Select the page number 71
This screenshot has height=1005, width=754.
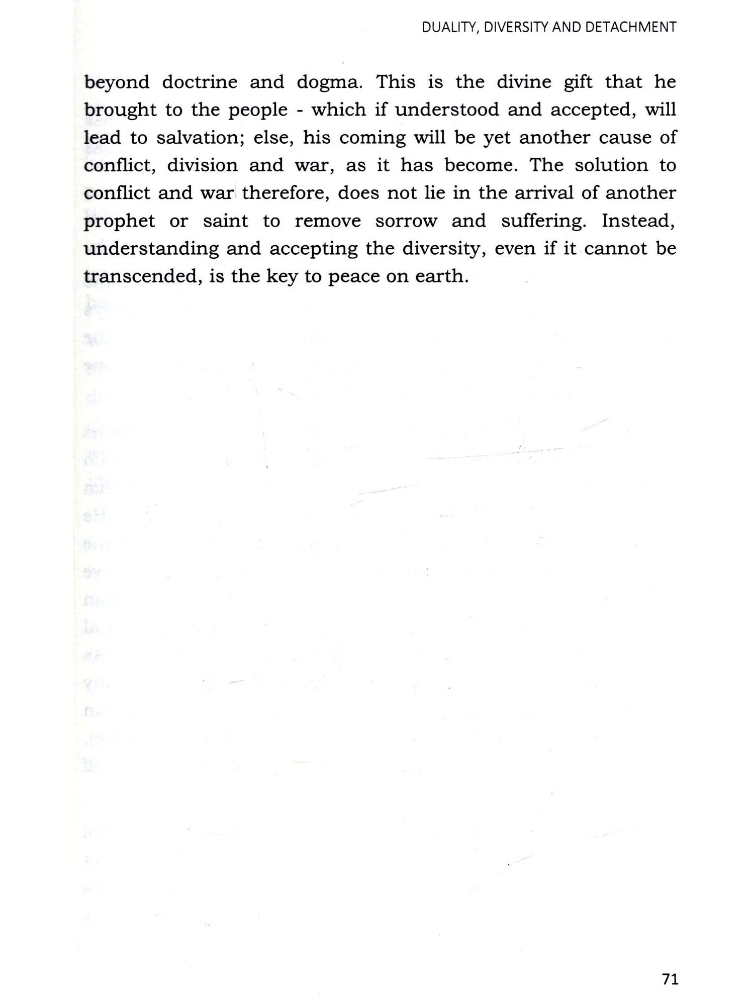(671, 979)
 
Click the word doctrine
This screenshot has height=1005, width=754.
(200, 82)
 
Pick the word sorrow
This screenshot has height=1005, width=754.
(406, 221)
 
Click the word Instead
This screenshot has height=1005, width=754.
(638, 221)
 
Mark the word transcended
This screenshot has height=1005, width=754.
(140, 276)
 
